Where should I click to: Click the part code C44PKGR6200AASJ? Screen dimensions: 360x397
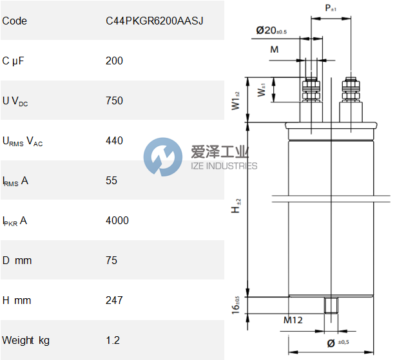(154, 21)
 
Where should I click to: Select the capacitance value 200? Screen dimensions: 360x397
(114, 61)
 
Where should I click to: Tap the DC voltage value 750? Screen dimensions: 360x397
(114, 100)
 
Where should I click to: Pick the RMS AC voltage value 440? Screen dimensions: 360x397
(114, 140)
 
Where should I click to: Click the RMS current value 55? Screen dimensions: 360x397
(111, 180)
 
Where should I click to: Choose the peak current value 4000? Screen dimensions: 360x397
(117, 220)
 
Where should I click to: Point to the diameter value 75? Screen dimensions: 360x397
(111, 260)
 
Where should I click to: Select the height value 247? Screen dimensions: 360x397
(114, 300)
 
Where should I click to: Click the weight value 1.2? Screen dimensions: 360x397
(113, 340)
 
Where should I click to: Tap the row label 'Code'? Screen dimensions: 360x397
(15, 21)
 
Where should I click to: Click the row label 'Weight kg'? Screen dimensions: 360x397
(26, 340)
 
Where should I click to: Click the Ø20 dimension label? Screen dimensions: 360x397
(271, 30)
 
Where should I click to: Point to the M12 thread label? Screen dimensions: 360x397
(293, 320)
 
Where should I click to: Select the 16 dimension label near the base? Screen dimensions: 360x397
(237, 304)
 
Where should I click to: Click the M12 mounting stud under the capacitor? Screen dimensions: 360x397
(331, 304)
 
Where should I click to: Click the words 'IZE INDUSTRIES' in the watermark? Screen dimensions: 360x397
(224, 166)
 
